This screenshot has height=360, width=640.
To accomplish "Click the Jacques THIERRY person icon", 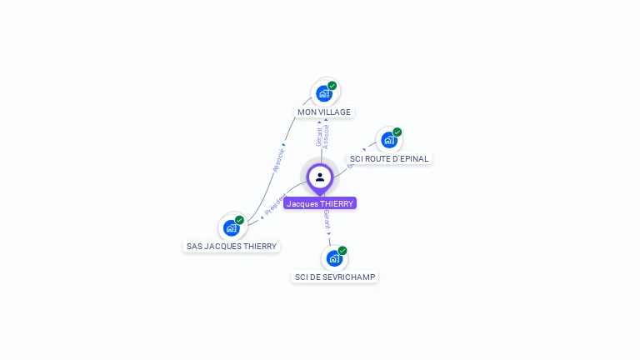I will (x=320, y=177).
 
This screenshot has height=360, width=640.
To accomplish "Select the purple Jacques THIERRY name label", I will (x=320, y=203).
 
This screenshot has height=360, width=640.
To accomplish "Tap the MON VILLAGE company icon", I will (x=324, y=92).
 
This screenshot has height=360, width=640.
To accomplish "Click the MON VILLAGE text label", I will (x=324, y=112).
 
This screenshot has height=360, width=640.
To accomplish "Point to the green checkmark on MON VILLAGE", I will (x=332, y=85).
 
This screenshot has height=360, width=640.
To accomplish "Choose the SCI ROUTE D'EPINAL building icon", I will (x=388, y=140).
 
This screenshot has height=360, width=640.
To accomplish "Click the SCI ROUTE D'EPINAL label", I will (x=389, y=158).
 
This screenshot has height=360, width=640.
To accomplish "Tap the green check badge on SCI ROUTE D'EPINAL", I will (x=397, y=132).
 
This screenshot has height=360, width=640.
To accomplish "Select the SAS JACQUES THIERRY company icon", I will (x=231, y=227).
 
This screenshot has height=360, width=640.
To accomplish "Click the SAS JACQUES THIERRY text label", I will (x=232, y=247).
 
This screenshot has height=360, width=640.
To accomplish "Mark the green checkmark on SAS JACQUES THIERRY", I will (x=240, y=220).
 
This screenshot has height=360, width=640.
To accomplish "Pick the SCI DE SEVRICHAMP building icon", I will (x=334, y=258).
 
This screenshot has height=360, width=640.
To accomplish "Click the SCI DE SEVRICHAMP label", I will (x=335, y=277).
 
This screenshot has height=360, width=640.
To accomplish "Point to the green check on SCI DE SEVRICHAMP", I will (x=342, y=250).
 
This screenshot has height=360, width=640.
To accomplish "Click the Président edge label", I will (x=275, y=206).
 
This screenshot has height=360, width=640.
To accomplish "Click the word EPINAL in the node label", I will (x=413, y=158).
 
